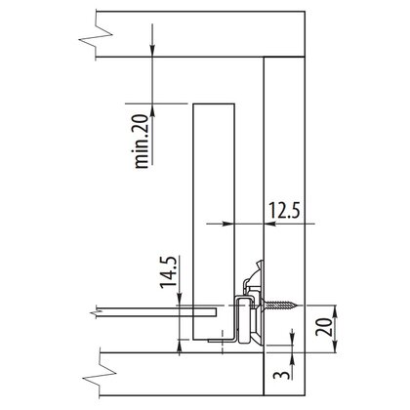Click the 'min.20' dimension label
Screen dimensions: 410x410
pyautogui.click(x=142, y=142)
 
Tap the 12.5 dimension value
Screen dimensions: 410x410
pyautogui.click(x=284, y=210)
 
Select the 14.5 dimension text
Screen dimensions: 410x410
pyautogui.click(x=169, y=272)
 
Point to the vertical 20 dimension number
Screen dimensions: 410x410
pyautogui.click(x=324, y=327)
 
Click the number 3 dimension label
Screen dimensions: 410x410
pyautogui.click(x=281, y=374)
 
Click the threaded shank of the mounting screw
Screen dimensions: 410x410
pyautogui.click(x=280, y=306)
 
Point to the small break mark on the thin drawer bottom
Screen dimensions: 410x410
pyautogui.click(x=94, y=312)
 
